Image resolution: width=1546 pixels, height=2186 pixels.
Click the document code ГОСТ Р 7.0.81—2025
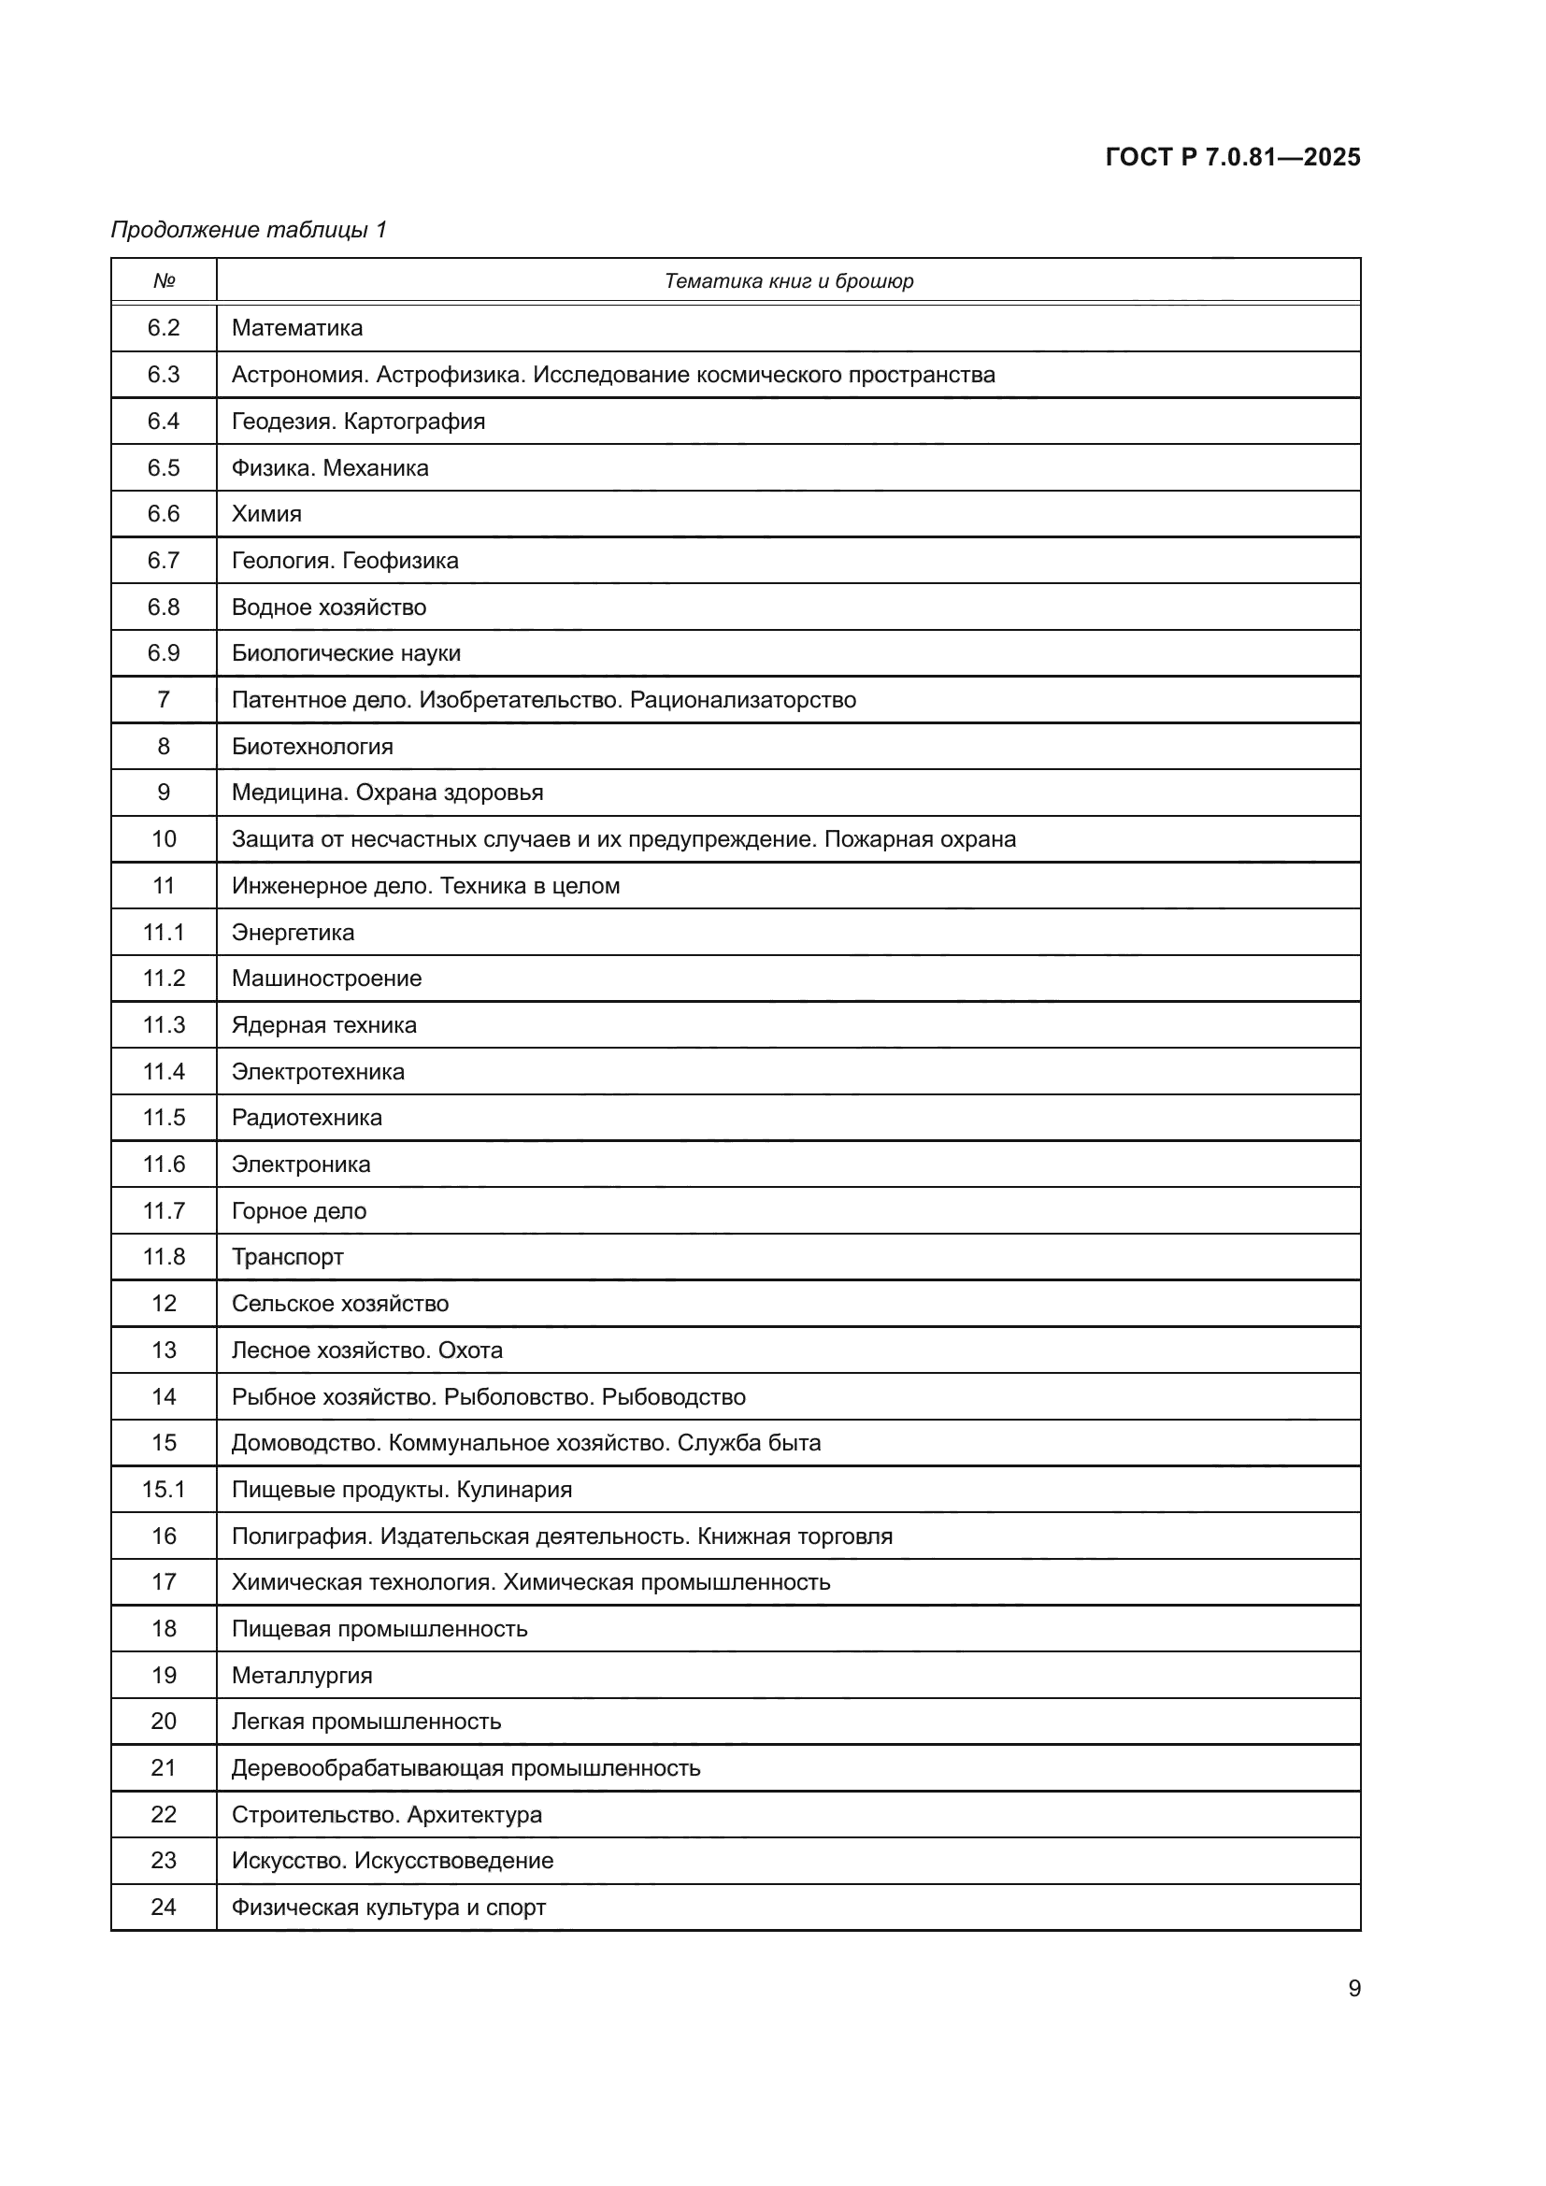(x=1232, y=157)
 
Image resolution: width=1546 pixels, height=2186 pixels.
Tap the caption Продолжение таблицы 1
(x=249, y=230)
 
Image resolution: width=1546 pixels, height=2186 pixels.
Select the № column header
(x=164, y=281)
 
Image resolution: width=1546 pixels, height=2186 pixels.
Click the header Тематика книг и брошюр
(x=788, y=281)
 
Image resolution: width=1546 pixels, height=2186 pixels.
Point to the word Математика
(x=297, y=327)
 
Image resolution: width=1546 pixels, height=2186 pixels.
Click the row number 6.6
(x=164, y=514)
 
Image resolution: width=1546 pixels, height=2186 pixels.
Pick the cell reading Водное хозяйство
(x=328, y=607)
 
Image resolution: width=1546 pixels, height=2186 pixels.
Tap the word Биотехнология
(x=312, y=747)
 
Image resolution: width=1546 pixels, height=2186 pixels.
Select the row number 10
(x=164, y=838)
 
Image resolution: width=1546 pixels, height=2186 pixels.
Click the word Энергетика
(x=293, y=932)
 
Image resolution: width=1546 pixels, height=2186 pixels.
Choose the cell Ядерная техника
(x=323, y=1025)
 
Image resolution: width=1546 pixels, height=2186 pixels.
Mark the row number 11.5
(x=164, y=1118)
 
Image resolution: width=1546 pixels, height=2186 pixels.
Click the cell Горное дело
(x=299, y=1211)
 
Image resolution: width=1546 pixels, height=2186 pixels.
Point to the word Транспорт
(x=288, y=1257)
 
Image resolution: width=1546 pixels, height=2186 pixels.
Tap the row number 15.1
(x=164, y=1489)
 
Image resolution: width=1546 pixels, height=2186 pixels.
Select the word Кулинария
(x=514, y=1489)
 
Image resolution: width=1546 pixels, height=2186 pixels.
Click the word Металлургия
(x=302, y=1675)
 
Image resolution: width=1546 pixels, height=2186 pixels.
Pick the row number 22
(x=164, y=1815)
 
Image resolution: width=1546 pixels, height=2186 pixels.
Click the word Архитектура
(x=474, y=1815)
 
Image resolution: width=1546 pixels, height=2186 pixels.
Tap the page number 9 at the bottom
(x=1353, y=1988)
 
